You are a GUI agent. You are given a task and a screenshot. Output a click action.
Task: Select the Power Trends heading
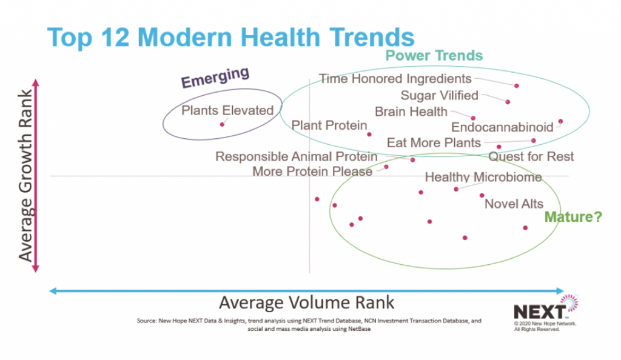[434, 56]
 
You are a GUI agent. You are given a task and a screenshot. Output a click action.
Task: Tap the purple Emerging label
[215, 78]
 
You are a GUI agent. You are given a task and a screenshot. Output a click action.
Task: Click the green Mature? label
[573, 216]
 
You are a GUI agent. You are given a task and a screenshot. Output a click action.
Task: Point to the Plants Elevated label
[227, 110]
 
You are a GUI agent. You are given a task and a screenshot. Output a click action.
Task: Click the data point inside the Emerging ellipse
[222, 124]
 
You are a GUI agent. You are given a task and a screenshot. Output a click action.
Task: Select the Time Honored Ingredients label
[395, 79]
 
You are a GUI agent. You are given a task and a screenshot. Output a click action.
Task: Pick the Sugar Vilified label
[439, 95]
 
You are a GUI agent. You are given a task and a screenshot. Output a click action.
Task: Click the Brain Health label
[411, 112]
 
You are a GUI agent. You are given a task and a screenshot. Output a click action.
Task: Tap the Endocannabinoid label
[502, 127]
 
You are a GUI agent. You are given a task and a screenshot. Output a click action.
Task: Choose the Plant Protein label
[329, 125]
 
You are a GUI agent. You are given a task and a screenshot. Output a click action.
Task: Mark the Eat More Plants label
[434, 143]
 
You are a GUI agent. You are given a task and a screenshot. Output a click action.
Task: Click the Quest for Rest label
[531, 157]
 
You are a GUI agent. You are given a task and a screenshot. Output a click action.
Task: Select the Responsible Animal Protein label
[296, 157]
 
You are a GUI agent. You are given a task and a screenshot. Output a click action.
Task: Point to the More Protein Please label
[312, 172]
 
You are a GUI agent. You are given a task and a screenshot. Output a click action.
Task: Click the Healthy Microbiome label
[483, 177]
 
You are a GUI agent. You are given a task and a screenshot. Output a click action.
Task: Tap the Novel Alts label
[514, 204]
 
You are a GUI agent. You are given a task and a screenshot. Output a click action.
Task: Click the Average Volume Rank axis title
[306, 302]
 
